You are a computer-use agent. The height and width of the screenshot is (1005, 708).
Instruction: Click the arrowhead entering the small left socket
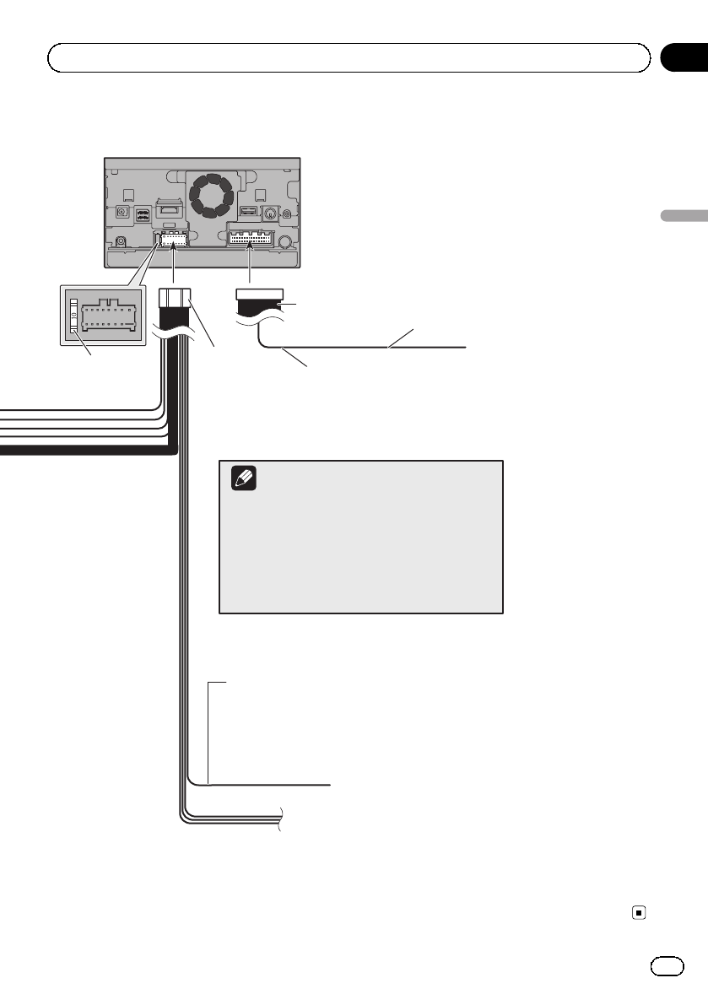coord(173,250)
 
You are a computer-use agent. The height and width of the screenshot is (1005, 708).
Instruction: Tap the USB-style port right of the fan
coord(249,212)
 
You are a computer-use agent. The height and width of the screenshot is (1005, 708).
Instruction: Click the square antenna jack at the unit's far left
coord(124,214)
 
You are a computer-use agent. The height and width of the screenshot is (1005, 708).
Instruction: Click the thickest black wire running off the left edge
coord(84,451)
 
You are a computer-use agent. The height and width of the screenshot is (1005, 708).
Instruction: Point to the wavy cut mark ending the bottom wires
coord(280,819)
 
